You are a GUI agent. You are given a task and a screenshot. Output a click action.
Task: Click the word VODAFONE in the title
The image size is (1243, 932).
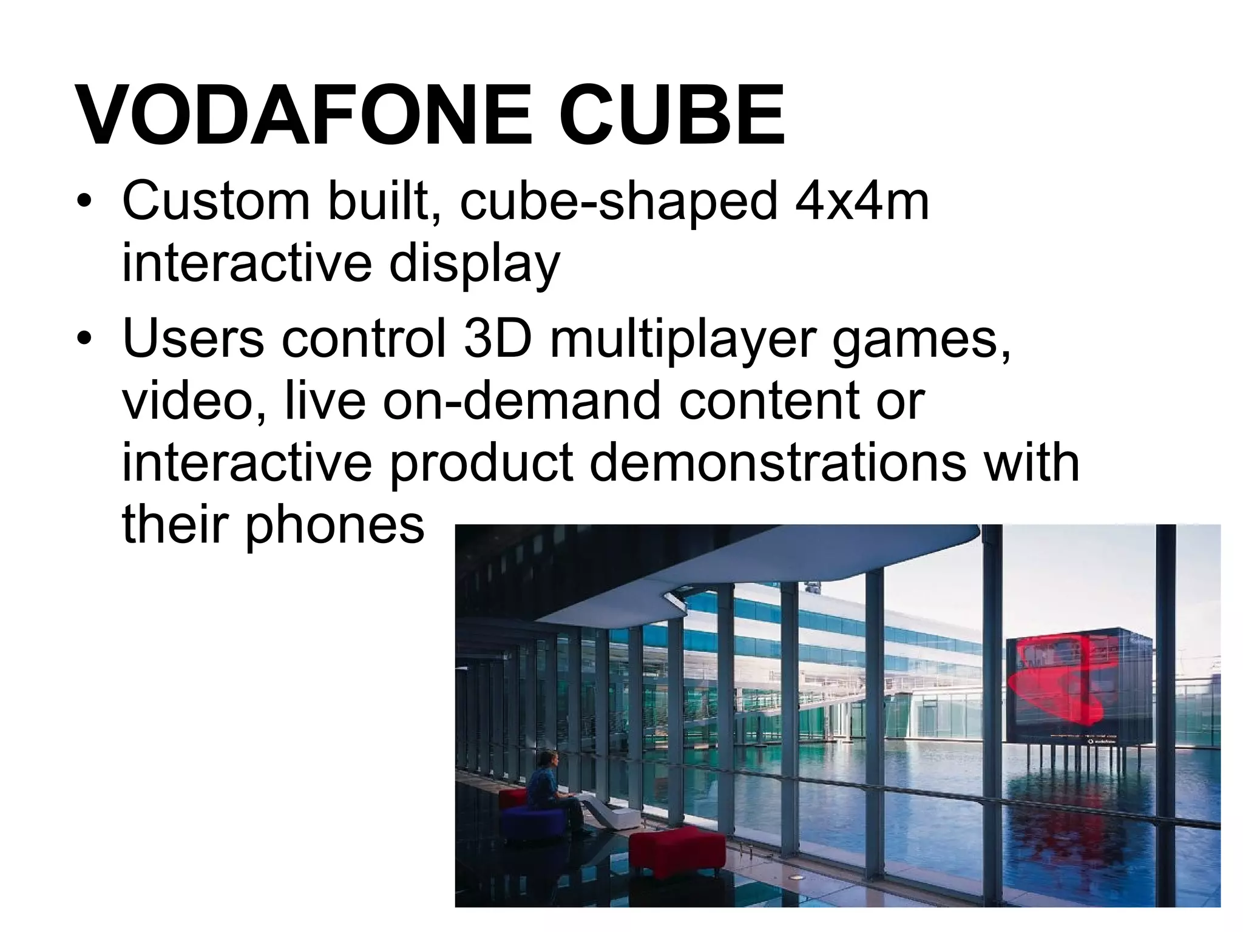[x=303, y=115]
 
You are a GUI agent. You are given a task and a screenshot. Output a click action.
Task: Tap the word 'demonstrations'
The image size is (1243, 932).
[x=777, y=463]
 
